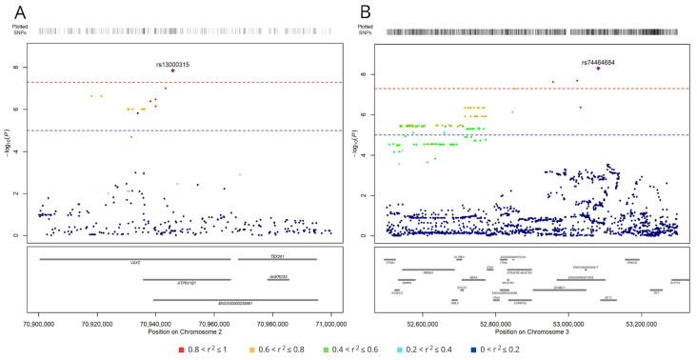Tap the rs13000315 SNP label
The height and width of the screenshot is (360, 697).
172,64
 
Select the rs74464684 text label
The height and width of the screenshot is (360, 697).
598,62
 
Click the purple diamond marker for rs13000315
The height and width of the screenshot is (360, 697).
172,70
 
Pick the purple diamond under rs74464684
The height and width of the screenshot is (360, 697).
598,69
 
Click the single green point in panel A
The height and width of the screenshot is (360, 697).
131,137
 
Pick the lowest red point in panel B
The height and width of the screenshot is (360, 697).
580,108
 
